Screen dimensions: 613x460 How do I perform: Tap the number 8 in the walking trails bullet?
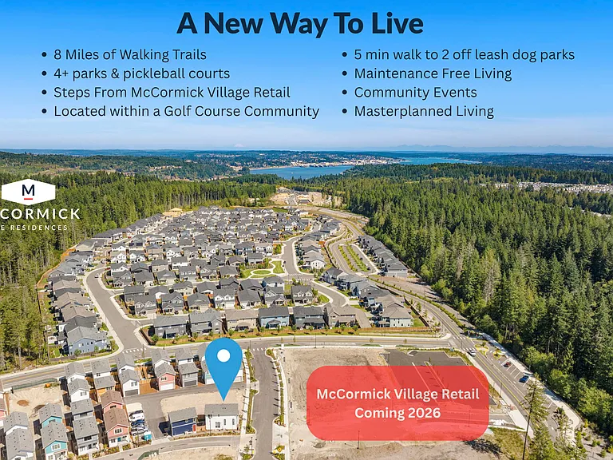[x=57, y=54]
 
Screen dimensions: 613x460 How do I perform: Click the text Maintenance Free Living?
[x=433, y=74]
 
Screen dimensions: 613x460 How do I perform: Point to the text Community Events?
[x=415, y=93]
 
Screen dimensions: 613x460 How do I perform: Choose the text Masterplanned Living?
[x=424, y=112]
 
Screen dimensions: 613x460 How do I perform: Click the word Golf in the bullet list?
[x=177, y=111]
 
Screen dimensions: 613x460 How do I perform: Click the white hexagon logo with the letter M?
[x=28, y=192]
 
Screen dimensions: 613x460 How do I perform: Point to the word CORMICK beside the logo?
[x=40, y=213]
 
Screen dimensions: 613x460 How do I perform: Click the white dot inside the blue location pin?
[x=223, y=355]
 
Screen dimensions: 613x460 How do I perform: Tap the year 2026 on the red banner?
[x=424, y=413]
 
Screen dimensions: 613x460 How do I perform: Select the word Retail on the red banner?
[x=458, y=394]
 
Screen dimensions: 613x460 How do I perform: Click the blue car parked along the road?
[x=524, y=379]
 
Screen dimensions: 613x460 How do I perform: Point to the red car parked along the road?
[x=507, y=364]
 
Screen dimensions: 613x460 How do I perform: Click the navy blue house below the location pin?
[x=183, y=422]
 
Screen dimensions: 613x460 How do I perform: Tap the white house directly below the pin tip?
[x=222, y=417]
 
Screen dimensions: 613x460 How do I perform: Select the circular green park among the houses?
[x=261, y=272]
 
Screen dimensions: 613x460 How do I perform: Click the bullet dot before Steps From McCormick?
[x=44, y=93]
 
